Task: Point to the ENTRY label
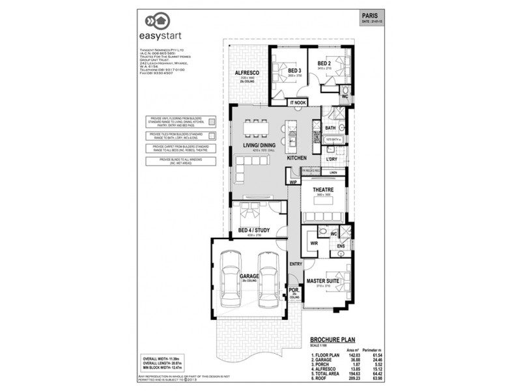click(x=294, y=263)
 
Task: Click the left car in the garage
click(x=232, y=281)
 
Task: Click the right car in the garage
click(x=268, y=281)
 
